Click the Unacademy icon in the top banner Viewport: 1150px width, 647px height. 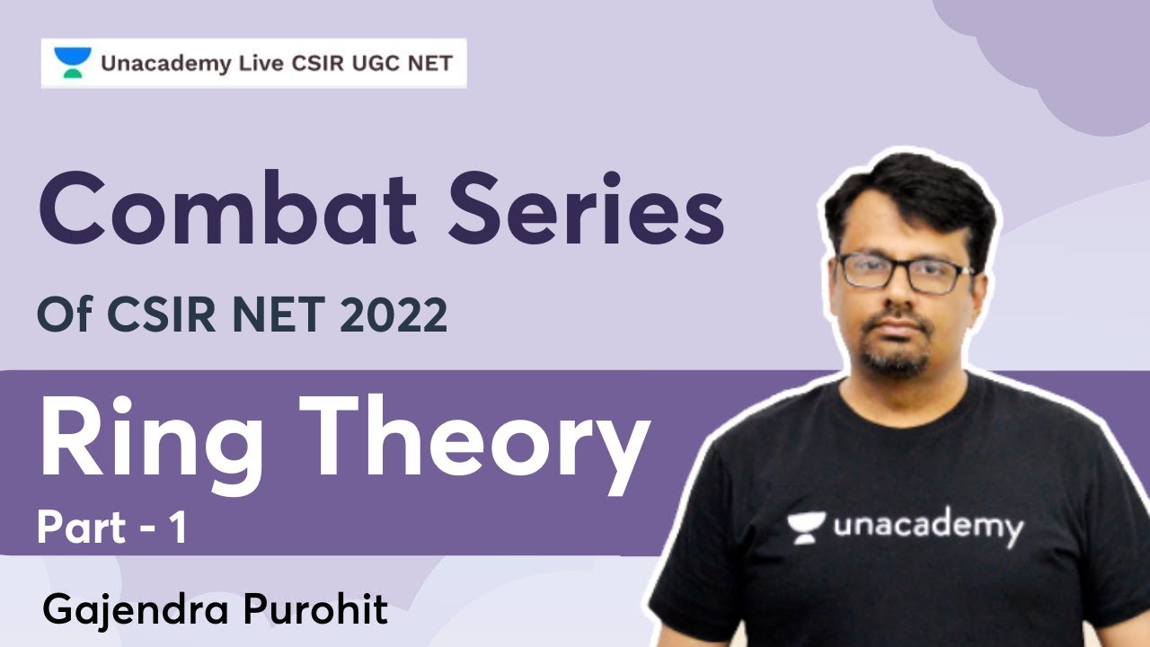pos(73,63)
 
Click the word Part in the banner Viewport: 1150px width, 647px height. pos(82,529)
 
